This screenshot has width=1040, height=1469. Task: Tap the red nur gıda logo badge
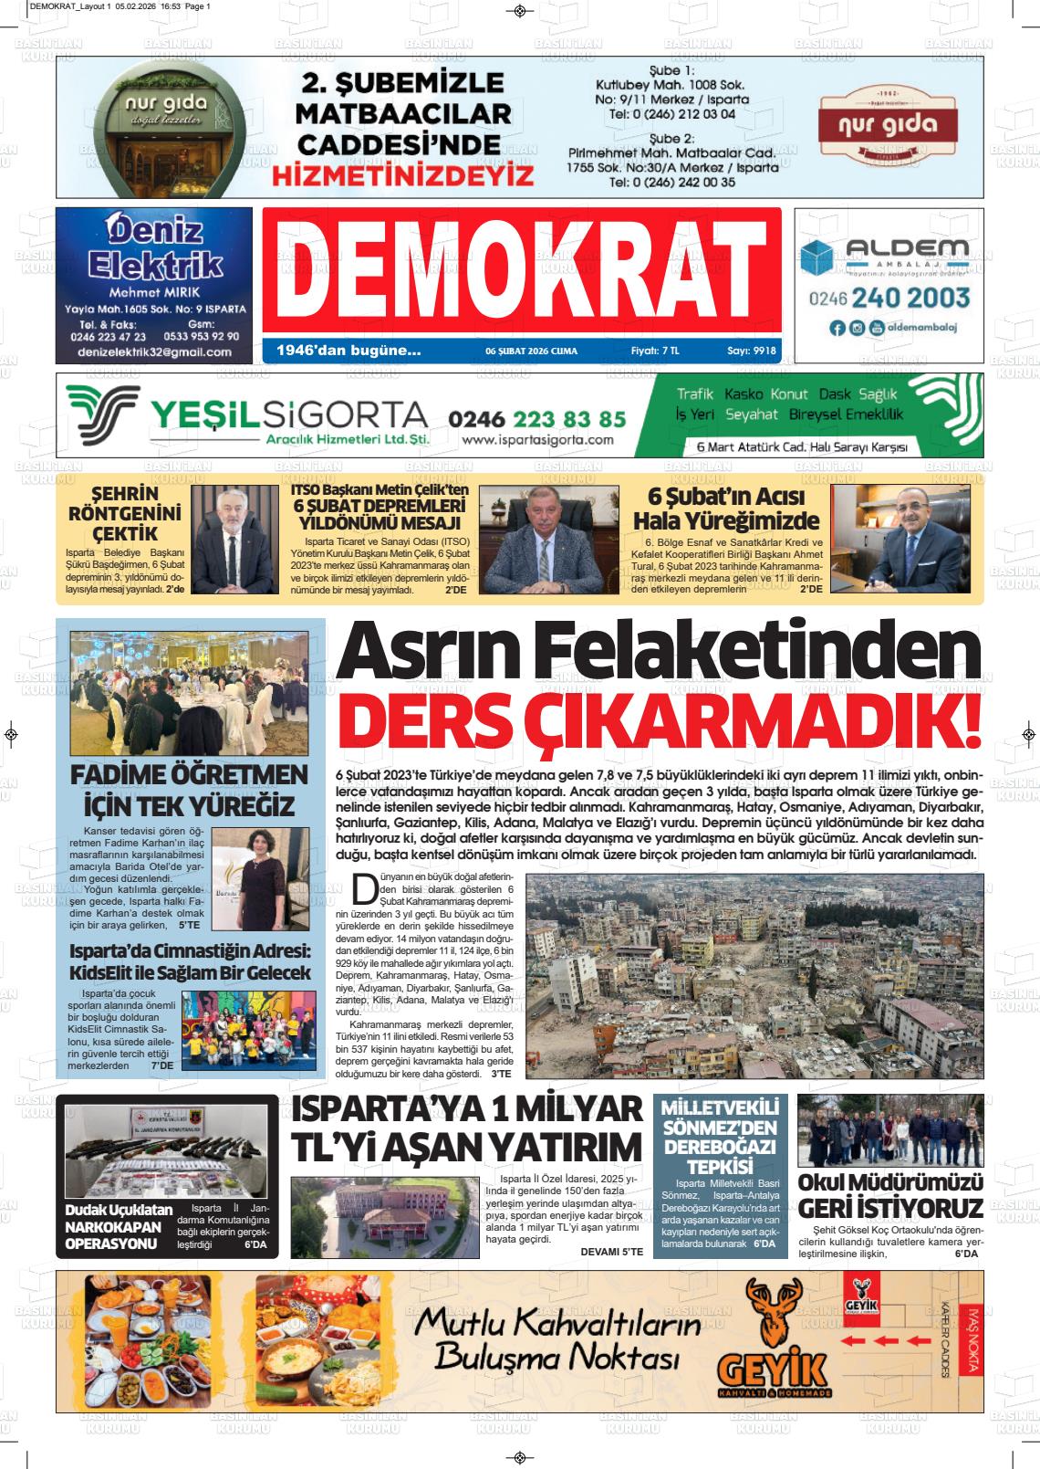(x=886, y=126)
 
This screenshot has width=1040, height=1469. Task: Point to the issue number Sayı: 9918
(x=752, y=351)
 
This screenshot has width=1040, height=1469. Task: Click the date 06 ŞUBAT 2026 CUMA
(x=531, y=351)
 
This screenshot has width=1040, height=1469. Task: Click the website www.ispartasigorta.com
(x=537, y=439)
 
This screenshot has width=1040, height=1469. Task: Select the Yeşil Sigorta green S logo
(x=103, y=415)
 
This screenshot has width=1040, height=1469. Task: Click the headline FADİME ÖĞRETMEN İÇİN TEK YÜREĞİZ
(x=190, y=791)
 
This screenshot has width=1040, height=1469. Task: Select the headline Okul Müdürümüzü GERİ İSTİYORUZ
(x=890, y=1195)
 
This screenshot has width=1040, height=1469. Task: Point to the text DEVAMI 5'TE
(x=611, y=1251)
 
